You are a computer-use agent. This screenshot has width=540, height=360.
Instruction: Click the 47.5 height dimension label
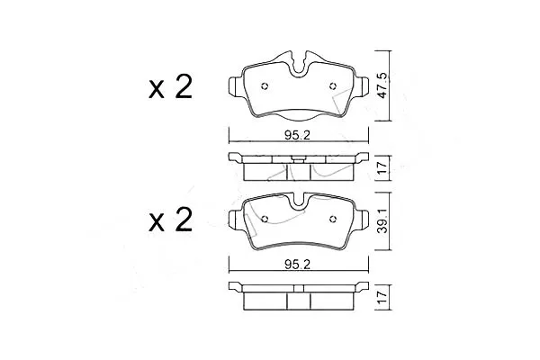click(x=382, y=85)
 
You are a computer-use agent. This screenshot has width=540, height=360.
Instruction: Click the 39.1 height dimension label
click(x=382, y=220)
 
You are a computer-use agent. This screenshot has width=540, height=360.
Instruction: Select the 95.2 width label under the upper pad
click(x=298, y=135)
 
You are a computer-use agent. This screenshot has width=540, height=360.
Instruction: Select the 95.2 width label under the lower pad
click(x=298, y=265)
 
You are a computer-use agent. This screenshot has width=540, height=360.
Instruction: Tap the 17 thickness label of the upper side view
click(x=382, y=167)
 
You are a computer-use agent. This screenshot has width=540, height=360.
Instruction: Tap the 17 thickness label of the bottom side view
click(x=382, y=297)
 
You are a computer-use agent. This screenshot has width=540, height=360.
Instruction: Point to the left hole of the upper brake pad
click(x=265, y=86)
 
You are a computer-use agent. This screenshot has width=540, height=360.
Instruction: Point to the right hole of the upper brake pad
click(x=332, y=86)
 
